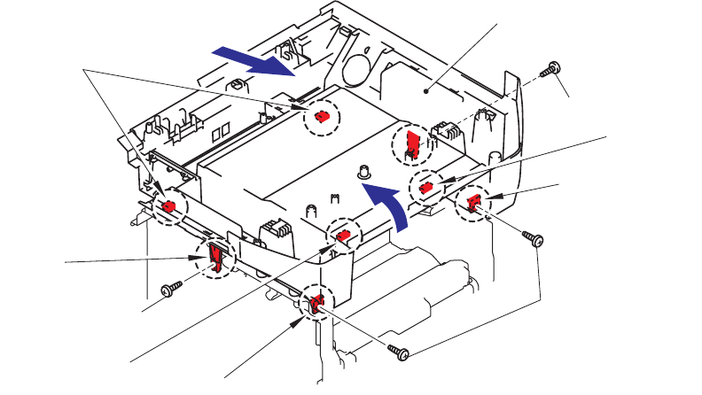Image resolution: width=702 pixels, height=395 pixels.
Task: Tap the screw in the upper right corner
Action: [x=553, y=67]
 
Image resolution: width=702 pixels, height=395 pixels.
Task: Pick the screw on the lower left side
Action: [x=169, y=289]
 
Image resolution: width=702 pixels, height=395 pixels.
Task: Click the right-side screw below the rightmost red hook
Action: [x=532, y=238]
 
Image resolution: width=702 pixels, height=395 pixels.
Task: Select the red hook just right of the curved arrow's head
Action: [x=426, y=187]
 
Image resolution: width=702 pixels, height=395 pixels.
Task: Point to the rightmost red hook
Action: [x=473, y=204]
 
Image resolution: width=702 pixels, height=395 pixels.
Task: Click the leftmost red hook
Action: [x=168, y=206]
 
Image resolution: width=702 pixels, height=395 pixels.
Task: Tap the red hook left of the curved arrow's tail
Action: [x=344, y=235]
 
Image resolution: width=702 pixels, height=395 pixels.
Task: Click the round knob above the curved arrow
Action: [x=363, y=171]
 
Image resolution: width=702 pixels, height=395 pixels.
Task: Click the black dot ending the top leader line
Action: [x=426, y=90]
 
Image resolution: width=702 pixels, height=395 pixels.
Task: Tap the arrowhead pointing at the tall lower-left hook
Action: [x=202, y=258]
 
